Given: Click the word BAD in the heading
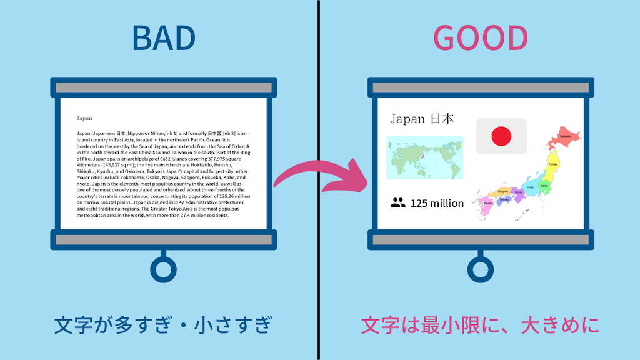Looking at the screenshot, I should point(164,39).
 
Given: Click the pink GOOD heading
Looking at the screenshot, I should point(481,39).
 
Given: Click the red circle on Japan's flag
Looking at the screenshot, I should point(501,136).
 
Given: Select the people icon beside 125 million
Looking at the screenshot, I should point(397,202).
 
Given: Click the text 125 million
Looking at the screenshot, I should point(437,203).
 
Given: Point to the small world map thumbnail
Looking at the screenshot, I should point(424,157).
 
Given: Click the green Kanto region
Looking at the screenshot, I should point(544,186).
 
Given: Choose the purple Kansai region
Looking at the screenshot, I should point(518,194).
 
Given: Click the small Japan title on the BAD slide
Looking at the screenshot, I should point(84,117).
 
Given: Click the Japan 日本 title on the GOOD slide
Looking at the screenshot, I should point(422,119).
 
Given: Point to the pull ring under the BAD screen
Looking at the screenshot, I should point(163,269).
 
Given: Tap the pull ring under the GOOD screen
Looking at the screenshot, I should point(480,269).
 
